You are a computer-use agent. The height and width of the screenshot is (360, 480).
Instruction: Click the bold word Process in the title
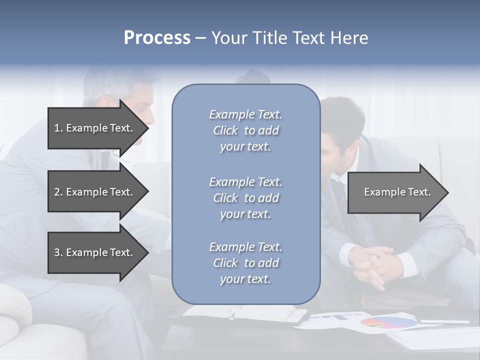pos(157,38)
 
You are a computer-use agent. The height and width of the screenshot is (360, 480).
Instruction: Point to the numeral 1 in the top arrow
pos(56,128)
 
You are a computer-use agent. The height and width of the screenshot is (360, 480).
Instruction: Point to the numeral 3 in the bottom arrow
pos(56,252)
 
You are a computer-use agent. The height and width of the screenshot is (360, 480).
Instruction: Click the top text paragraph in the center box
pos(245,130)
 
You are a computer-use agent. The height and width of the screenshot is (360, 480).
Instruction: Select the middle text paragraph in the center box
pos(245,198)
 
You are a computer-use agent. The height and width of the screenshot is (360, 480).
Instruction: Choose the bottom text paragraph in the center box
pos(245,263)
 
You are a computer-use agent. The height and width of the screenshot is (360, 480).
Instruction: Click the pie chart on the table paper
pos(388,322)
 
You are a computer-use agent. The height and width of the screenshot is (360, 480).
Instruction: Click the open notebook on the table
pos(245,312)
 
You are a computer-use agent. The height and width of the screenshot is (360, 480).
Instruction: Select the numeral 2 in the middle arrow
pos(56,192)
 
